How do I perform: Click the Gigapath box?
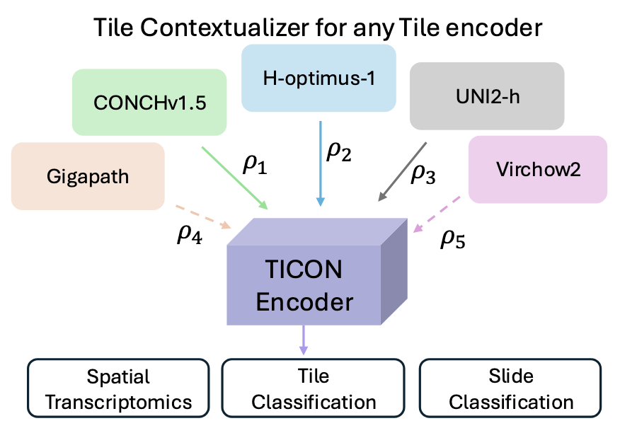[88, 175]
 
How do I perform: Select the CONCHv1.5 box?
[149, 102]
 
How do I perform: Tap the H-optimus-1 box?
[318, 78]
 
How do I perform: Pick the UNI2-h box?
[487, 96]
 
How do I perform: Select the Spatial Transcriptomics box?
[119, 389]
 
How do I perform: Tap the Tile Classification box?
[314, 389]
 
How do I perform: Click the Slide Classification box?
[511, 389]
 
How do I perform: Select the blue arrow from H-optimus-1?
[321, 163]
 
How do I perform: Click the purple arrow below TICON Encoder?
[304, 340]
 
